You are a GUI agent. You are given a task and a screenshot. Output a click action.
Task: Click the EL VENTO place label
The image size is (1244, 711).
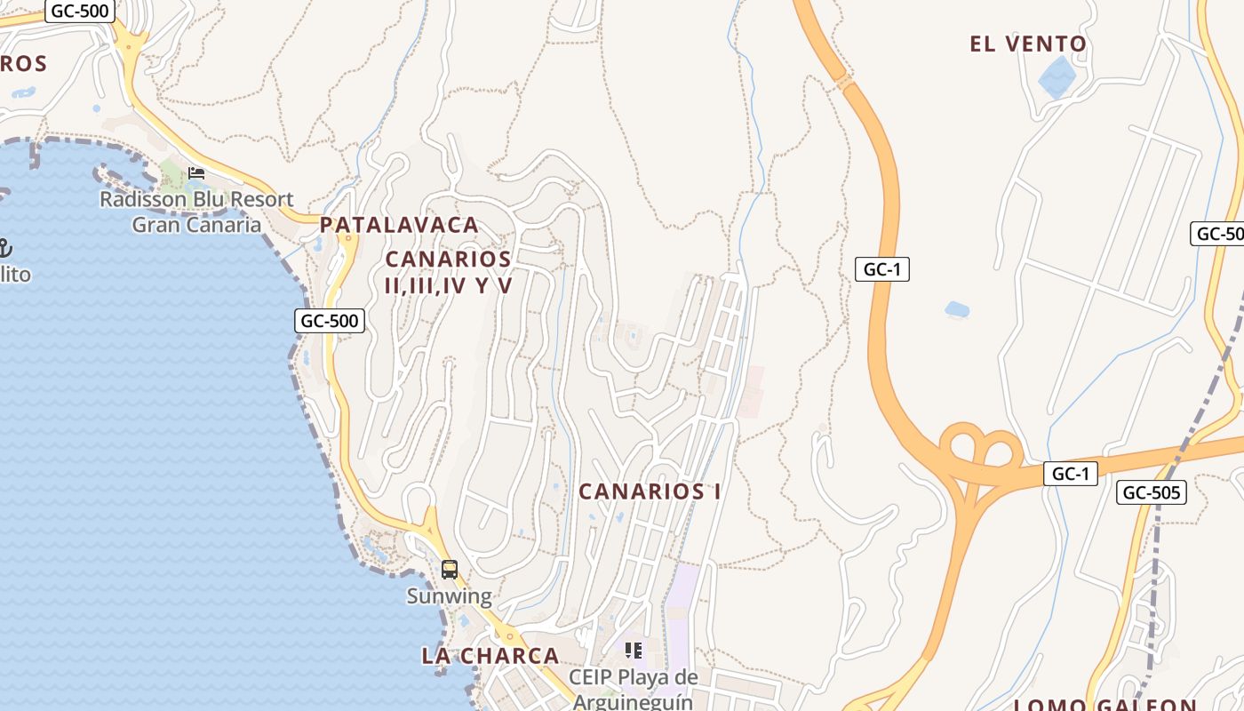click(1028, 44)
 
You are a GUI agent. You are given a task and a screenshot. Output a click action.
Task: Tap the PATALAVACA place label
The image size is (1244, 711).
click(399, 225)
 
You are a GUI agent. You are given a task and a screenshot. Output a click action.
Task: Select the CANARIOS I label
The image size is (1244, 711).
click(650, 491)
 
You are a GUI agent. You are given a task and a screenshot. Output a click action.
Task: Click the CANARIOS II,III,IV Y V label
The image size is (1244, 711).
click(449, 272)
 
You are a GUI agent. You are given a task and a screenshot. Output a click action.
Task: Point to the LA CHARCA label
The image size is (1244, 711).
click(490, 656)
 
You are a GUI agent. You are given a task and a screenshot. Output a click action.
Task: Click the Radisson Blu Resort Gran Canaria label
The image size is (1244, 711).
click(196, 212)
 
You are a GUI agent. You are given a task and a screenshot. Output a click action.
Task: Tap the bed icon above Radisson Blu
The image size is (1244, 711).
click(196, 172)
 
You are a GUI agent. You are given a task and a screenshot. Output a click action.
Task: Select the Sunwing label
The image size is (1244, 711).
click(449, 595)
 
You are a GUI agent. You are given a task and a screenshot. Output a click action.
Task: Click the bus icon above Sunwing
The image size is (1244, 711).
click(450, 570)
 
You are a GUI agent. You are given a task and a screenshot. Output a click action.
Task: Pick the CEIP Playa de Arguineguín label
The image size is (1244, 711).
click(633, 689)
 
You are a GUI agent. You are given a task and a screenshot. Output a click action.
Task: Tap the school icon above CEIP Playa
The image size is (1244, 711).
click(633, 651)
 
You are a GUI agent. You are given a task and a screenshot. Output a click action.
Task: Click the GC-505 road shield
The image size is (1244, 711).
click(1152, 492)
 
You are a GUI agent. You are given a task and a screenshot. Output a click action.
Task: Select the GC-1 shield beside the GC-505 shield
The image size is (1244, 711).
click(1070, 474)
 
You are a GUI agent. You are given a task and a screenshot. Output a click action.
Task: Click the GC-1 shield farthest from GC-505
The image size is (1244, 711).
click(882, 269)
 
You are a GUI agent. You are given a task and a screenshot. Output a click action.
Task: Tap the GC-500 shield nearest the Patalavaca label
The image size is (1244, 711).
click(330, 321)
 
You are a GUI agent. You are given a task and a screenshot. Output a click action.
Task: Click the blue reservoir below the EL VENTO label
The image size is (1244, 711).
click(1057, 78)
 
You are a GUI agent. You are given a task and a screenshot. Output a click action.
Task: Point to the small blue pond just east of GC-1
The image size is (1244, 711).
click(957, 309)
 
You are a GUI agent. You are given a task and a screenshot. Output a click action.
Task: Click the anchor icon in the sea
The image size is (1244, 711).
click(4, 248)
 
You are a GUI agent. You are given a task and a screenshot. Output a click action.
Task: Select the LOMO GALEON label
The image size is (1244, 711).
click(1104, 705)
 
